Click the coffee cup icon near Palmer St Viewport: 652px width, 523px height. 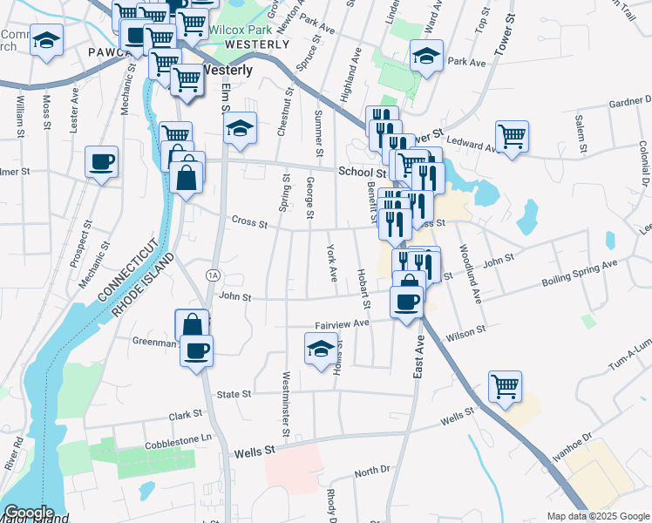tap(102, 161)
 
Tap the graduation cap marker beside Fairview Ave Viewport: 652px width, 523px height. tap(322, 350)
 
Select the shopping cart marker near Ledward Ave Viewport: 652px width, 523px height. tap(512, 135)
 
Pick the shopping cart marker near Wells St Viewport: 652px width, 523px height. tap(506, 385)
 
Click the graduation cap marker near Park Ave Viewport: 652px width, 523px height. tap(426, 57)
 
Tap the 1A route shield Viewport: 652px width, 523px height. tap(212, 275)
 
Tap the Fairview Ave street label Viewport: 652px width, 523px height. tap(343, 323)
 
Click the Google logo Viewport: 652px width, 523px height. tap(29, 513)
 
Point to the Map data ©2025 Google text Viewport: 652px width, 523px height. tap(597, 515)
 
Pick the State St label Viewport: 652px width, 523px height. tap(234, 394)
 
